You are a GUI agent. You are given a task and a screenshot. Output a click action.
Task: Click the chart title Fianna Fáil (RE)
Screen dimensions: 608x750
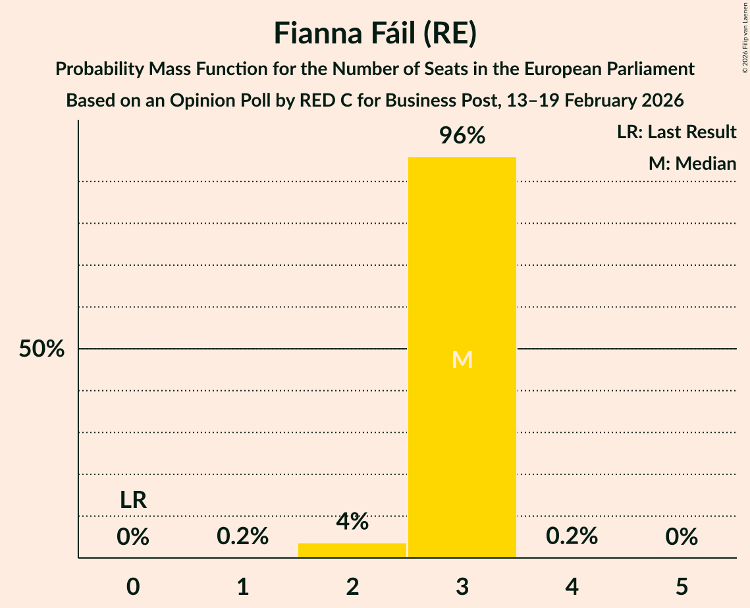point(375,34)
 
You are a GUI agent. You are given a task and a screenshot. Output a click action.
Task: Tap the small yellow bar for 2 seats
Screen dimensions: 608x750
point(352,550)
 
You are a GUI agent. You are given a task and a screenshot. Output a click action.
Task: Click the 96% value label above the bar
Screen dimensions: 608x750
point(462,136)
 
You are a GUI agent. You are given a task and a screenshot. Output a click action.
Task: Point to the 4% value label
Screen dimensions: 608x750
point(352,522)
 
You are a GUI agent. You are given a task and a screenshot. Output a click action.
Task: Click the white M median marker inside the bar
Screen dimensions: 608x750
point(462,359)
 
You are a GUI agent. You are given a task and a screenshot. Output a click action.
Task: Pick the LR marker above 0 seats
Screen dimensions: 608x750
point(133,500)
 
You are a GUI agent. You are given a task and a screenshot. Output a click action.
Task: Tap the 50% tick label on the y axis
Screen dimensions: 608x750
point(41,349)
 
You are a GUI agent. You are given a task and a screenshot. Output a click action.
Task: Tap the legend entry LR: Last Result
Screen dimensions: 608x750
point(676,132)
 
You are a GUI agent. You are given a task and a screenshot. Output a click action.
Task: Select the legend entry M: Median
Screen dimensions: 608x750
point(692,163)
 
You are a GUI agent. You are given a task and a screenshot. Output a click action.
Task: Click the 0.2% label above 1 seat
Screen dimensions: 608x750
point(243,537)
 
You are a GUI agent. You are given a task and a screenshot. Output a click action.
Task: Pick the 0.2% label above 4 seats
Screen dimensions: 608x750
point(572,537)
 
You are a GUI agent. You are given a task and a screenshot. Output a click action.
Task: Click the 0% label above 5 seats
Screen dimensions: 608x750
point(682,537)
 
